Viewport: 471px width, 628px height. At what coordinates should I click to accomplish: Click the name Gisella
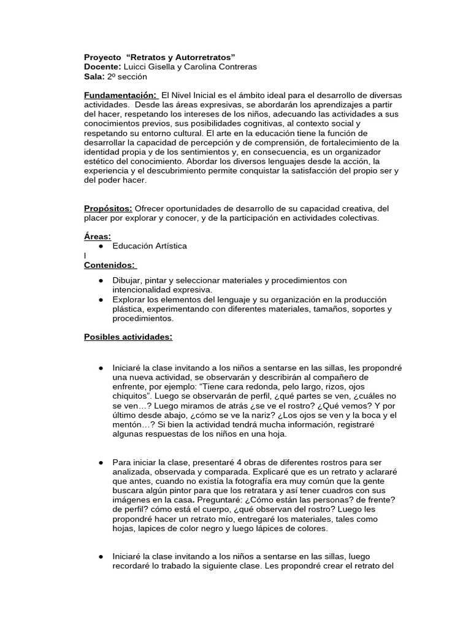(x=163, y=67)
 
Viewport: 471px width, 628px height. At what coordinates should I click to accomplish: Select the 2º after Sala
(x=112, y=77)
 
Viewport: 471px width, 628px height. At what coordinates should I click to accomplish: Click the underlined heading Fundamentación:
(x=121, y=96)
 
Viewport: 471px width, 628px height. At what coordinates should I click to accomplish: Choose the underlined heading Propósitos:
(x=108, y=209)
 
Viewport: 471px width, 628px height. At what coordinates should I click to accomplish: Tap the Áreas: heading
(x=98, y=236)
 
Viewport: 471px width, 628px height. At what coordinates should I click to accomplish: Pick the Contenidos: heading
(x=110, y=265)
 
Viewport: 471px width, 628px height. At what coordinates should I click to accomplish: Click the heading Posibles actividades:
(x=128, y=337)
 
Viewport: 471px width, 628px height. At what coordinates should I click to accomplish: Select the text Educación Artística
(x=150, y=246)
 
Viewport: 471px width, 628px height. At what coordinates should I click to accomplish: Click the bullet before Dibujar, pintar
(x=100, y=280)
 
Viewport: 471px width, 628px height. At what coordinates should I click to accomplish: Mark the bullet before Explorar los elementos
(x=100, y=299)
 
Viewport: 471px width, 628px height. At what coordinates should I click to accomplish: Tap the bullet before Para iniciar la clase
(x=100, y=462)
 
